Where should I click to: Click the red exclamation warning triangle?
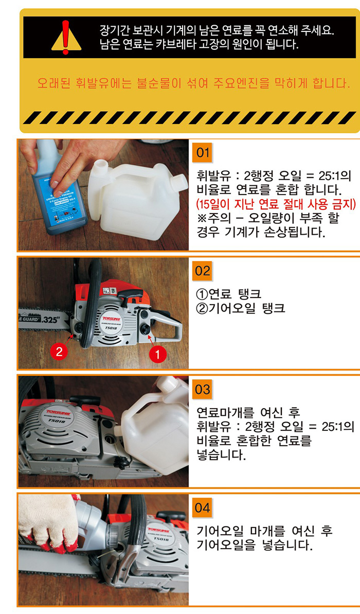66,39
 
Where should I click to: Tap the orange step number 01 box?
203,152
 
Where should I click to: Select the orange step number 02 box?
203,271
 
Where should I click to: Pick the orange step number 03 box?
203,389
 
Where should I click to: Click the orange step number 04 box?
203,508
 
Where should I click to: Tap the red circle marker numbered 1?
158,355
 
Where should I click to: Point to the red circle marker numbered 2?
59,351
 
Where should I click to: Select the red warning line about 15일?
276,204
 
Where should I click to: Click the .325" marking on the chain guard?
50,320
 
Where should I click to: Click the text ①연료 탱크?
229,293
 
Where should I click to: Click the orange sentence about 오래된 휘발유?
193,83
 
